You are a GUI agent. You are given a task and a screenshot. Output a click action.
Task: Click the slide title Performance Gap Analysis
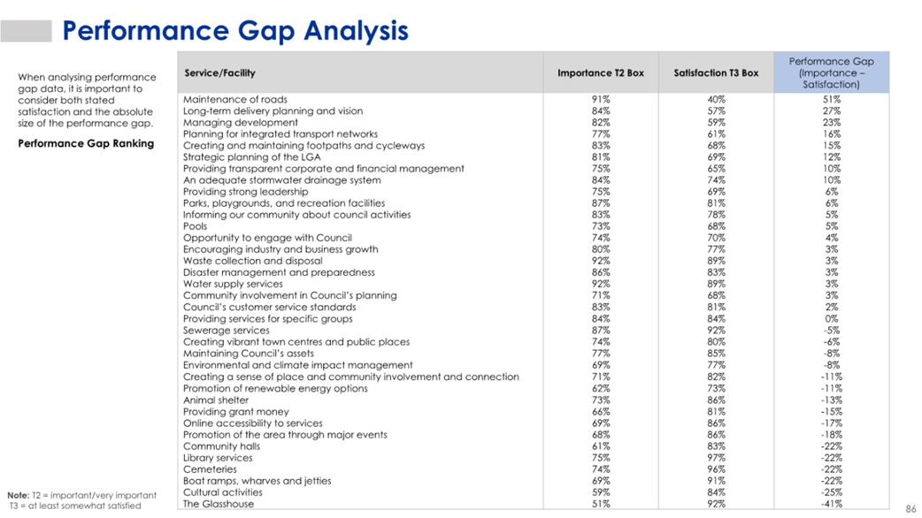235,31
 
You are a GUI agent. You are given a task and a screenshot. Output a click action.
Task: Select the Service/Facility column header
220,72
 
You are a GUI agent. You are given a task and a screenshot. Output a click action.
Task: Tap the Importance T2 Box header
600,72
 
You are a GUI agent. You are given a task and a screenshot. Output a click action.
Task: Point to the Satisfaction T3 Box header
716,72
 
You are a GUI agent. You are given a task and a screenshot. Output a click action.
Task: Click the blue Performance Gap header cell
832,72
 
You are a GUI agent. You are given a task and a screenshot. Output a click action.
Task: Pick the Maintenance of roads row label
235,99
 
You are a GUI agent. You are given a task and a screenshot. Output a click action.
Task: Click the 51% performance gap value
832,99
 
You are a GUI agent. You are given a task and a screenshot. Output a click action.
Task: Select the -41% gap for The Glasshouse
832,504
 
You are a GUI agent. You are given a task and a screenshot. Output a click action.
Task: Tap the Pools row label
195,226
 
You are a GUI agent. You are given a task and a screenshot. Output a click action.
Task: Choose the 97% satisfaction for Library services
716,458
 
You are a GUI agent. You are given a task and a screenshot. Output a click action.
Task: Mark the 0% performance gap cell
832,318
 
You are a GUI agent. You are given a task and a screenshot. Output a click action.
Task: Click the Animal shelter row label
216,400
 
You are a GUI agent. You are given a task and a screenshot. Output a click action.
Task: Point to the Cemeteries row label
210,469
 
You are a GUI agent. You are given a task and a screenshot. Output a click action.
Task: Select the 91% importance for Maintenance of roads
600,99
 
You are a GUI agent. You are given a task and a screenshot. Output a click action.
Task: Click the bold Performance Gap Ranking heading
86,143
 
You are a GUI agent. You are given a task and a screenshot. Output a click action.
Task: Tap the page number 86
910,508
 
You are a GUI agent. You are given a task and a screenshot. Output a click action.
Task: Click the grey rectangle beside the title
26,31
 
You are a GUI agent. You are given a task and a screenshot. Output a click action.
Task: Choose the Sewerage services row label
227,330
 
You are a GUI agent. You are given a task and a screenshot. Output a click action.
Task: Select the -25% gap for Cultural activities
832,492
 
